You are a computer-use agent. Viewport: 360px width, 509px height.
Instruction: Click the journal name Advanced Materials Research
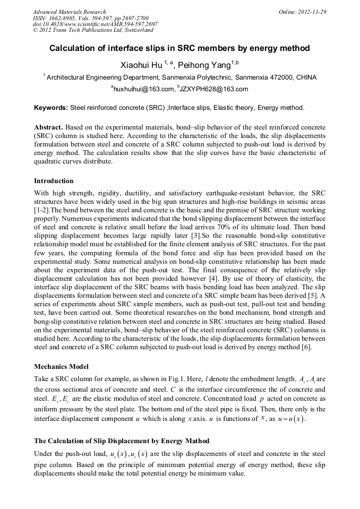coord(70,12)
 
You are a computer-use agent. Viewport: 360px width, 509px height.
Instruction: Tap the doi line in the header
coord(95,24)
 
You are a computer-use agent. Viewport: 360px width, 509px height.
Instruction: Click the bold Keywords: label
coord(51,108)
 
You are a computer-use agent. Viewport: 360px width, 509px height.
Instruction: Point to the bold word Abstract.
coord(49,128)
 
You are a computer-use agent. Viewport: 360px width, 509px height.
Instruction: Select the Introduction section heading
coord(54,181)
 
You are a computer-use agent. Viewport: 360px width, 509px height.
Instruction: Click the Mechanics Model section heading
coord(61,367)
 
